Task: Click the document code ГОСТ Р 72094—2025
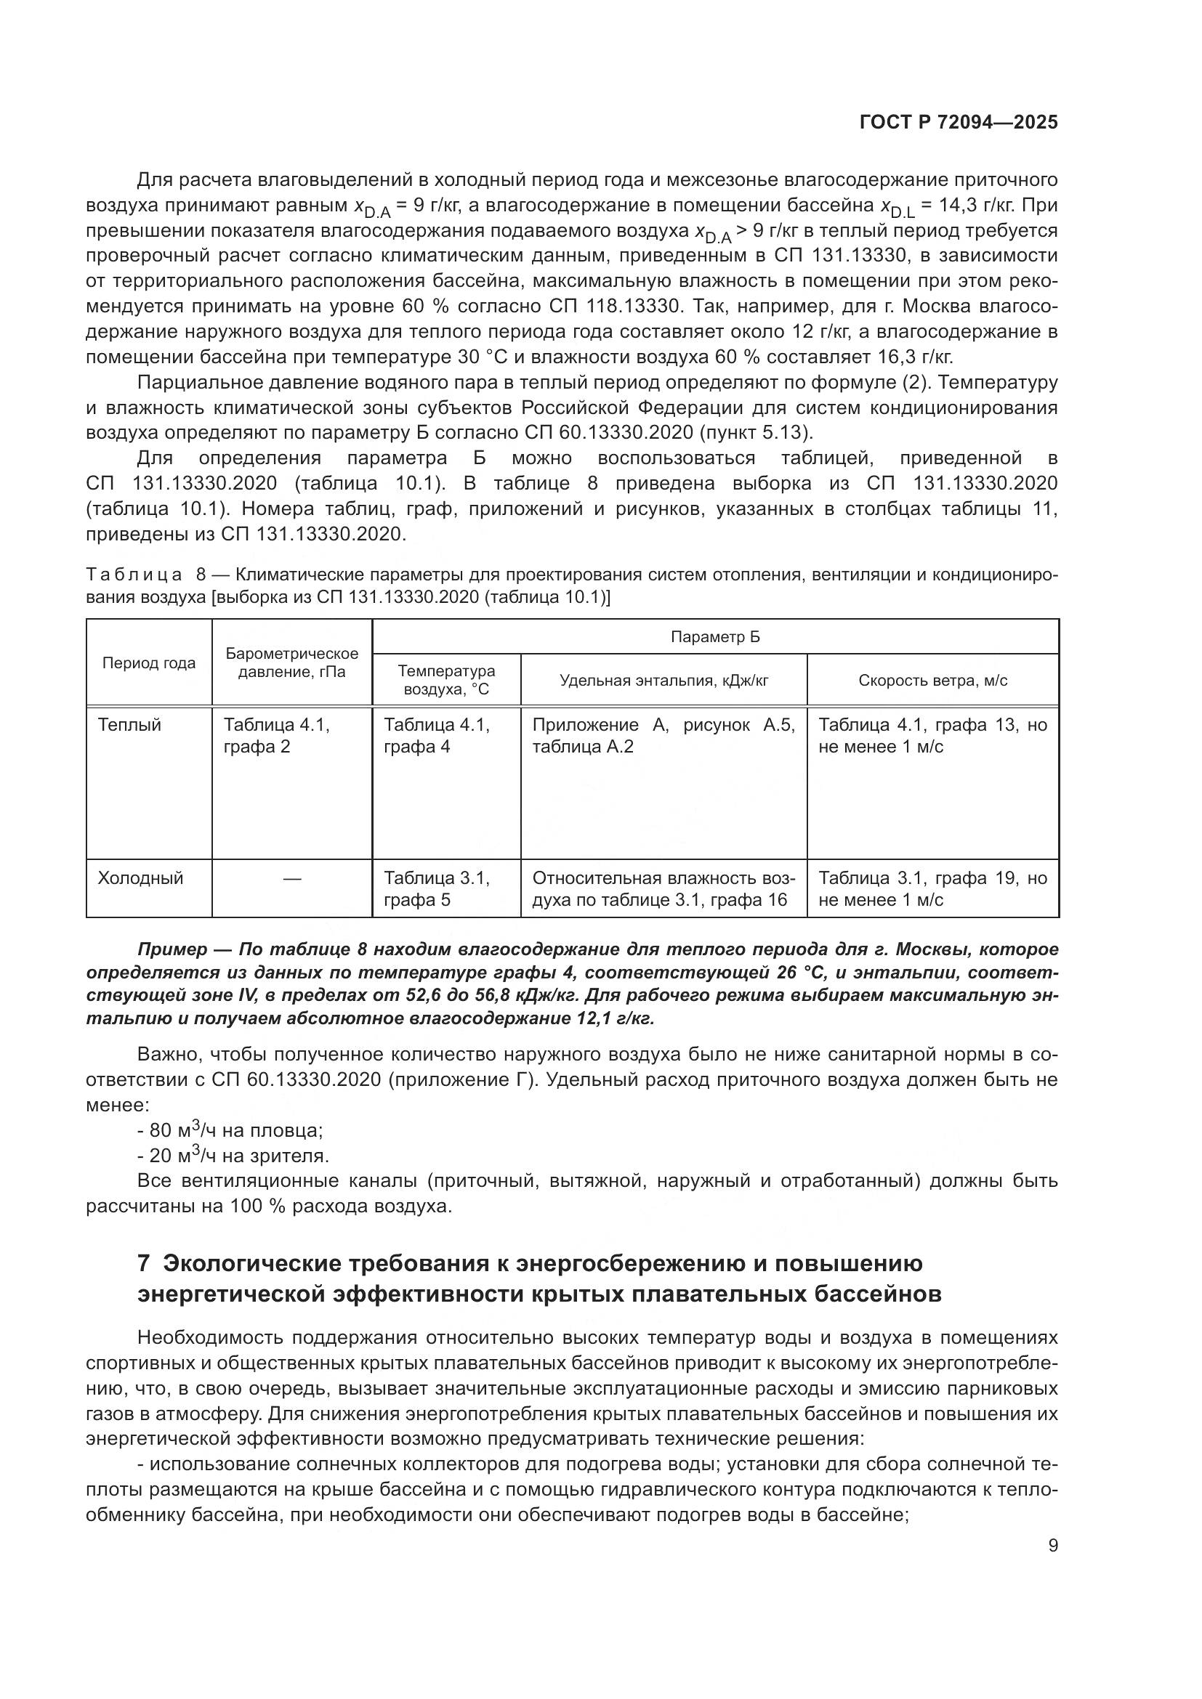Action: click(958, 123)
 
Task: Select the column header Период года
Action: click(149, 663)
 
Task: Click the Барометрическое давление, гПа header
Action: click(291, 663)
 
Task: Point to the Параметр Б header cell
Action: click(715, 637)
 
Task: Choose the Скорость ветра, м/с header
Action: click(932, 680)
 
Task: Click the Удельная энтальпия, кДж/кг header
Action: click(663, 680)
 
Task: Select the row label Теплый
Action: click(129, 725)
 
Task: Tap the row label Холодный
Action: click(141, 878)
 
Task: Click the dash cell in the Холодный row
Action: click(291, 879)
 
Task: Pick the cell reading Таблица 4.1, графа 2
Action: click(276, 736)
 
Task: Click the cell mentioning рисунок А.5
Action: click(663, 736)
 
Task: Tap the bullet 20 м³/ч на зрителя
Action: click(238, 1156)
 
